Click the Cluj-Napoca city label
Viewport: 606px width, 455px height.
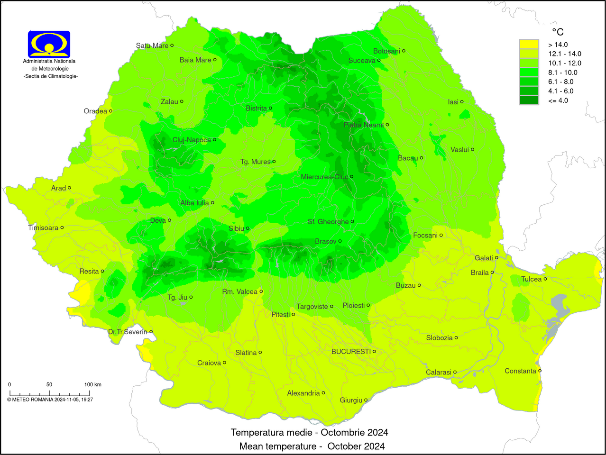click(192, 140)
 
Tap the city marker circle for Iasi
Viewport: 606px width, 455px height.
click(462, 101)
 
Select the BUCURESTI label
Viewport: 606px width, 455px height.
click(351, 352)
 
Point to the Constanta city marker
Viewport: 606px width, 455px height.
click(540, 371)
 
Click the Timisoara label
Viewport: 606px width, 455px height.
click(43, 228)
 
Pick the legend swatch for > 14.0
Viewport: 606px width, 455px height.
click(529, 45)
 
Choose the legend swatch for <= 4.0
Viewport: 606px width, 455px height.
click(529, 100)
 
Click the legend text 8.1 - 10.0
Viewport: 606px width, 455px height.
click(563, 73)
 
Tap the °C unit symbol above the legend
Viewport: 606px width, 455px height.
click(558, 32)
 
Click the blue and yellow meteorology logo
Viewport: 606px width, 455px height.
click(49, 44)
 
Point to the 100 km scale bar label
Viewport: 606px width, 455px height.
click(93, 384)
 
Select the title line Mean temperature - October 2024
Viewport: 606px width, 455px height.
click(312, 446)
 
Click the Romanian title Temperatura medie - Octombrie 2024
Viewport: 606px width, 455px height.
click(309, 432)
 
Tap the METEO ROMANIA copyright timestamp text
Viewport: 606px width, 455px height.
click(50, 400)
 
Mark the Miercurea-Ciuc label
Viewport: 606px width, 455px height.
click(324, 177)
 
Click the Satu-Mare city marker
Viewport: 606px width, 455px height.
click(172, 45)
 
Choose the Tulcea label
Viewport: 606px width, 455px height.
click(531, 279)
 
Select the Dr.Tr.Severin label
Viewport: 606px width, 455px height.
click(128, 332)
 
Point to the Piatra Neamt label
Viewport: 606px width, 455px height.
click(364, 125)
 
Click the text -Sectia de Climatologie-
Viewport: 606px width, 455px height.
click(51, 76)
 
